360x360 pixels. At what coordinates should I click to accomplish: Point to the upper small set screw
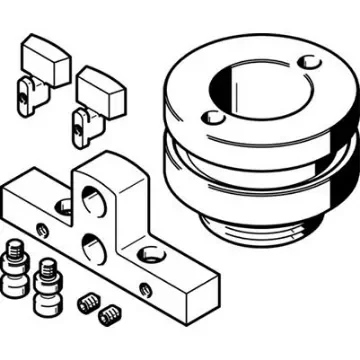tap(89, 299)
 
